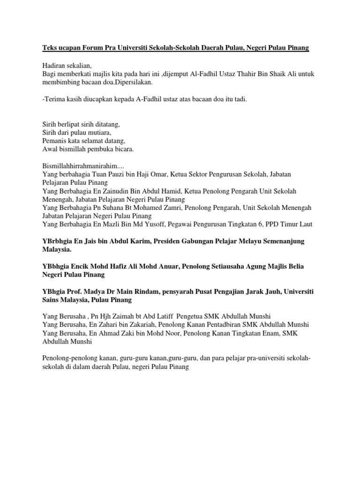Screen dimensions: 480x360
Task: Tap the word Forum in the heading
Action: click(91, 49)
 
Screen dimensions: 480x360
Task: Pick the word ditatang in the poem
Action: click(106, 124)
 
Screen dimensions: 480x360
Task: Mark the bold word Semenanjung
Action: click(280, 241)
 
